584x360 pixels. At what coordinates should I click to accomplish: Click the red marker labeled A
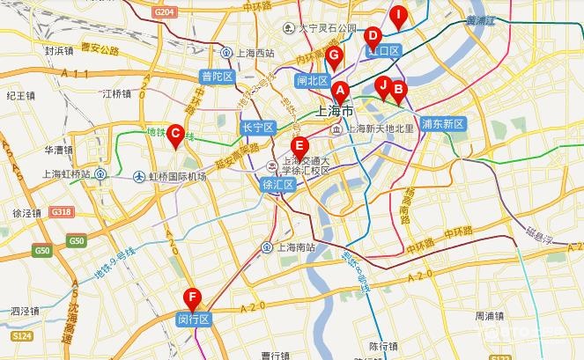point(340,89)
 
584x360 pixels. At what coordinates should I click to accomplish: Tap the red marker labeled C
point(175,134)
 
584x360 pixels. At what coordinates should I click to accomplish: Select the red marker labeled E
point(299,146)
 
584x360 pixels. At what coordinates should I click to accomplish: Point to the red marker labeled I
point(399,14)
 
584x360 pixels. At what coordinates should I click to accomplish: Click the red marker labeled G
point(333,56)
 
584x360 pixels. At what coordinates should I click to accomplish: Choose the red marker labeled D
point(373,36)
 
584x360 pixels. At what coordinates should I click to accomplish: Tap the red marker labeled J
point(382,84)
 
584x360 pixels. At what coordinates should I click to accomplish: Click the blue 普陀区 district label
point(216,77)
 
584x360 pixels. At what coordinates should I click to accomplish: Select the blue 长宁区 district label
point(258,128)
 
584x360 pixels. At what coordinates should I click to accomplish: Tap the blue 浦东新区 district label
point(443,124)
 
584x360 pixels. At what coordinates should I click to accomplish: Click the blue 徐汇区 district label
point(277,185)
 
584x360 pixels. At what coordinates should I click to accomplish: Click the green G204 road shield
point(163,11)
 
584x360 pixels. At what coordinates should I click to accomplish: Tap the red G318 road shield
point(61,212)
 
